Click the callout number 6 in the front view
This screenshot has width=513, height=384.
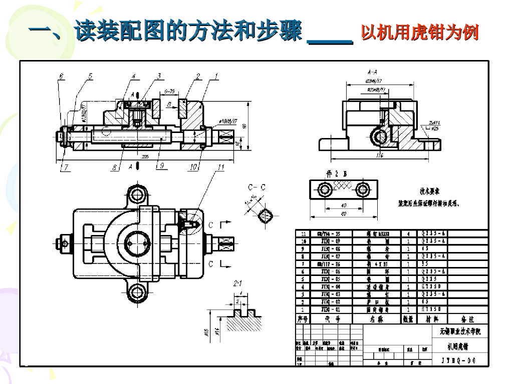61,76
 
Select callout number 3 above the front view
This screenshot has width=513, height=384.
159,76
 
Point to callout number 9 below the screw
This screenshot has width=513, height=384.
161,167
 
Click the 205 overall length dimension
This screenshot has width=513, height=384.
145,157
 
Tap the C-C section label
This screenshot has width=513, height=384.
257,187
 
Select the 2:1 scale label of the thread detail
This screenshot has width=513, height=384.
238,283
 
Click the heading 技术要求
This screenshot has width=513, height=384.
429,191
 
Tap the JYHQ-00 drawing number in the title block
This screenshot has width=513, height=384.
458,360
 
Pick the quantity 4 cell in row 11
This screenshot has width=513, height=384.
408,233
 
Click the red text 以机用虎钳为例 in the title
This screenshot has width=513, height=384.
419,33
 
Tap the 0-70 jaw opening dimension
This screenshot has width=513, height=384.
169,91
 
